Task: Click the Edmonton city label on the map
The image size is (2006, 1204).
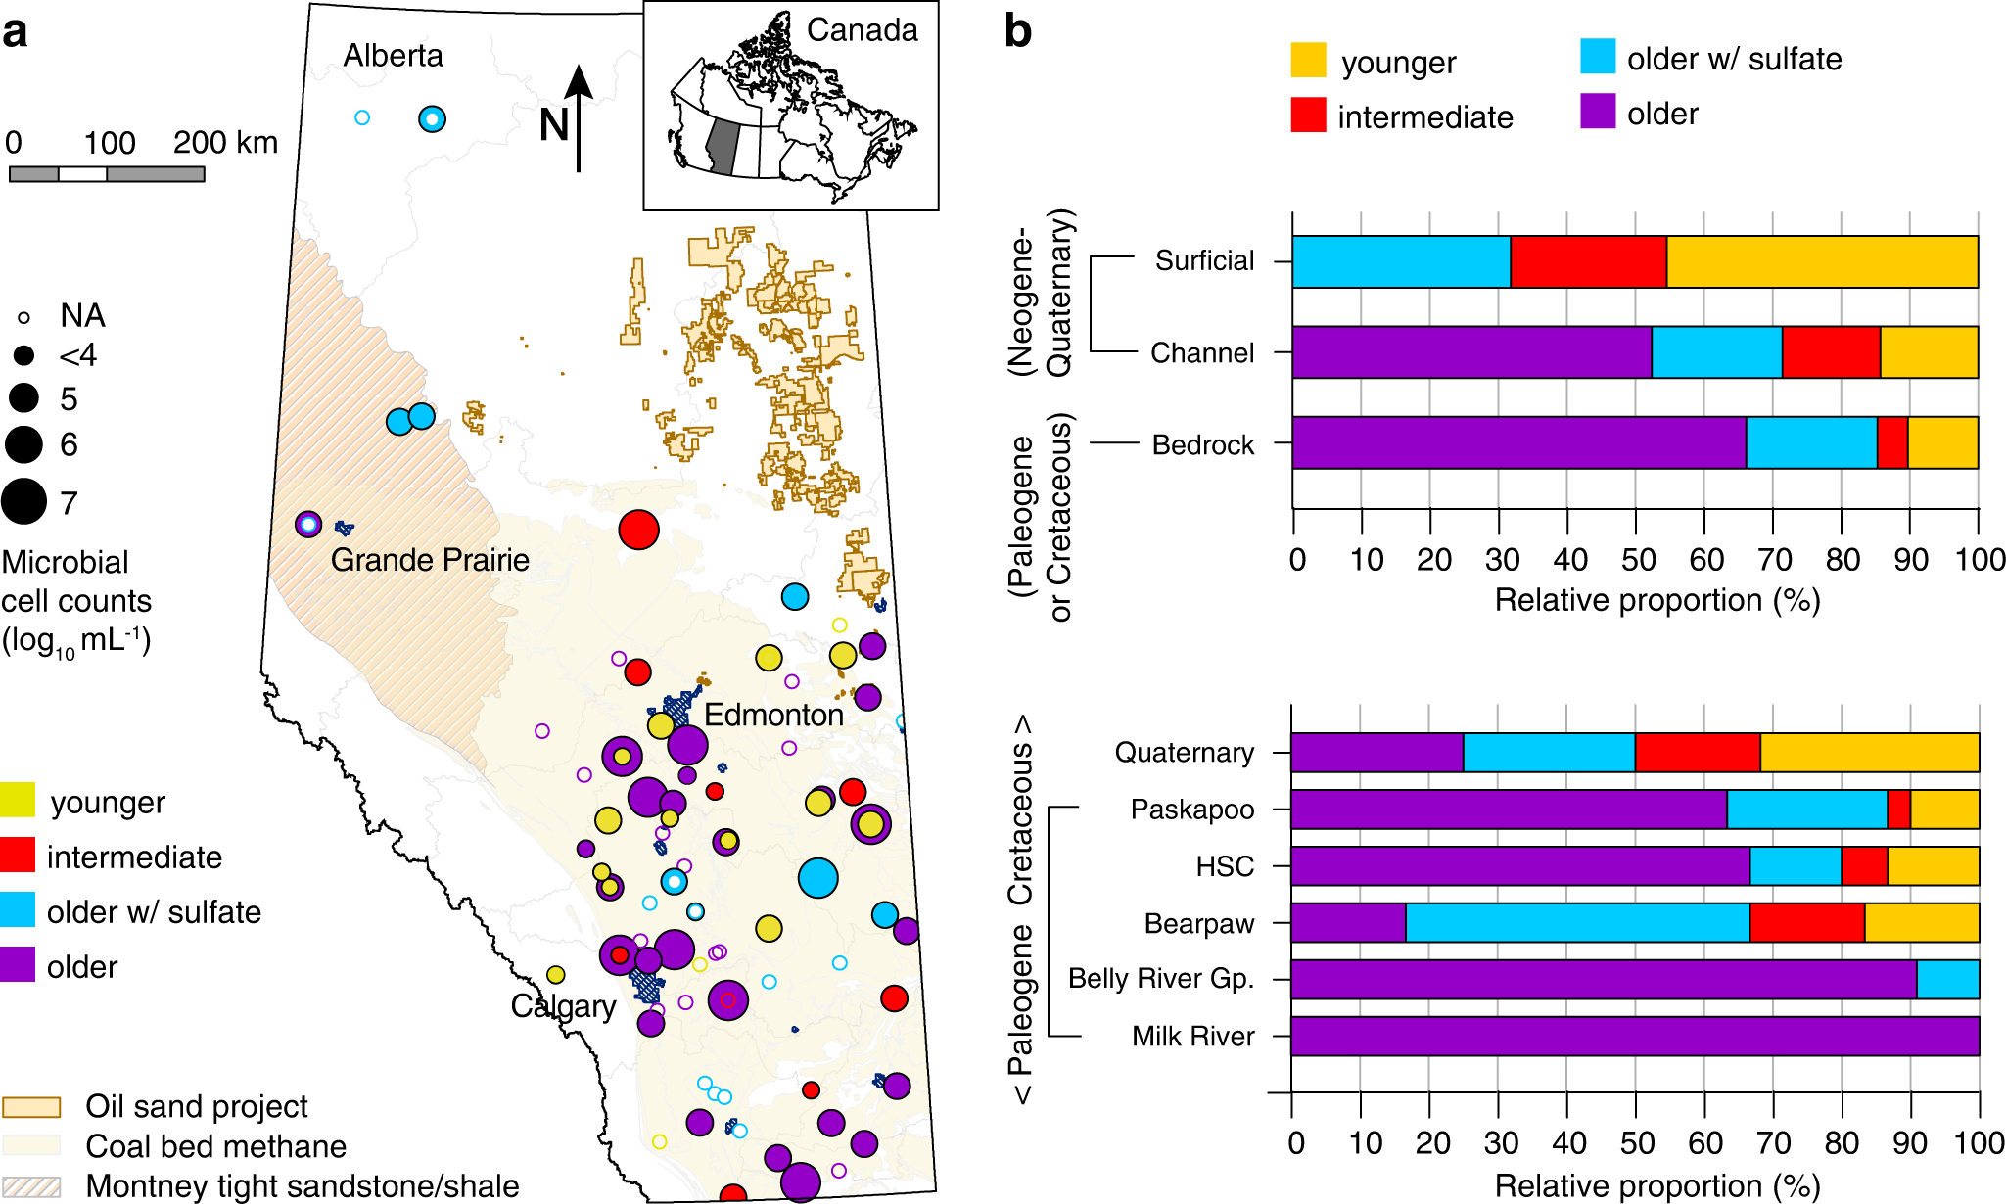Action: point(772,715)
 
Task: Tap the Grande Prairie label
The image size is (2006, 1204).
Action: point(429,560)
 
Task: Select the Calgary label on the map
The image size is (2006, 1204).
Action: point(563,1006)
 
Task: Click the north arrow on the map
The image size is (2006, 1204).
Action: point(579,117)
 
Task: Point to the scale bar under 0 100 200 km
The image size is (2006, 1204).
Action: point(107,174)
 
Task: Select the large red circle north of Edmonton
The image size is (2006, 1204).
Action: point(638,530)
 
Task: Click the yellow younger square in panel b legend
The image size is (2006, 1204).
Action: point(1308,61)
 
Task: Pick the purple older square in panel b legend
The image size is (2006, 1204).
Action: point(1597,112)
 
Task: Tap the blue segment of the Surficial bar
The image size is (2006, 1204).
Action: point(1400,262)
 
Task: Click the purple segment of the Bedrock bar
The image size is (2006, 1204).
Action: point(1517,442)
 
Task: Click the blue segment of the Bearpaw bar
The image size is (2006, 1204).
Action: point(1576,923)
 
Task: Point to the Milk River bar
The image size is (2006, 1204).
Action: point(1634,1037)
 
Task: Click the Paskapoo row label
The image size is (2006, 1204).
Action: point(1191,810)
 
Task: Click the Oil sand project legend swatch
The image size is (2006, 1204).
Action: point(31,1107)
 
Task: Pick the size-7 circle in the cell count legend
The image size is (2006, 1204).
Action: point(24,501)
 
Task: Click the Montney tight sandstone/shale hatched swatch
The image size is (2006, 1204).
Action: point(31,1186)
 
